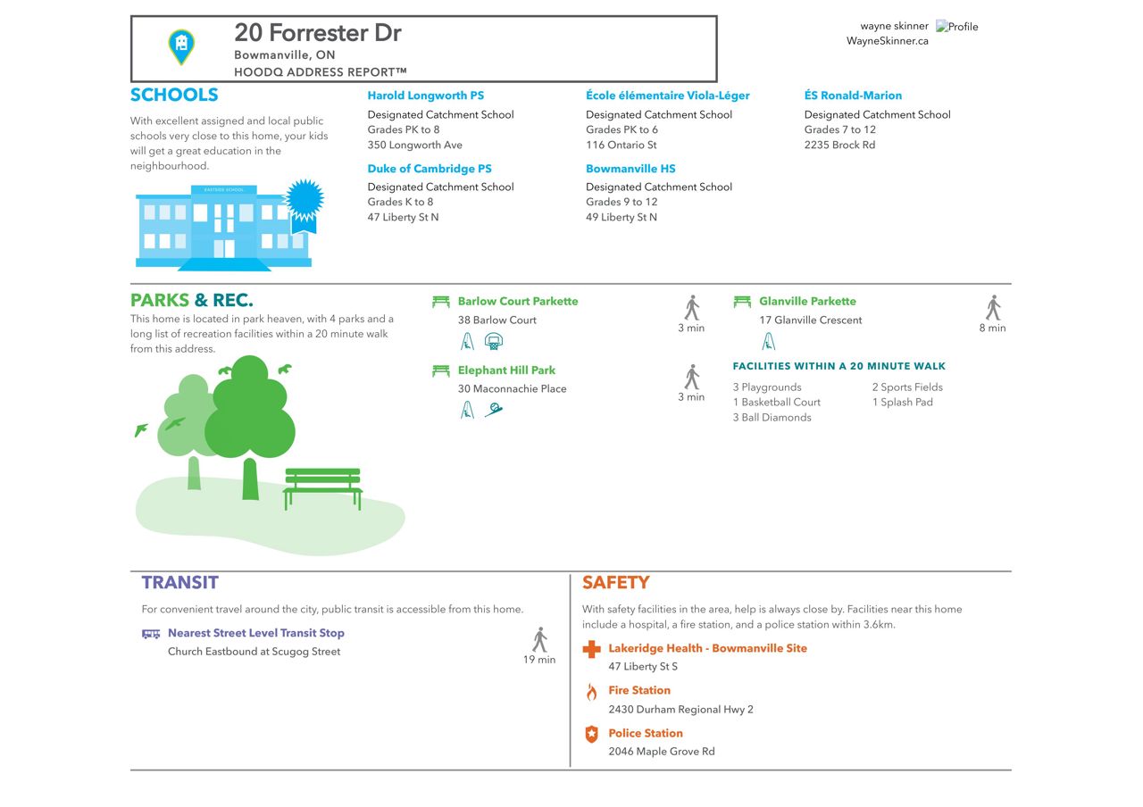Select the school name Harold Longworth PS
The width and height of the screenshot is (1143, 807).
tap(426, 96)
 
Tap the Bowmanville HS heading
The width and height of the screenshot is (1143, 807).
tap(630, 169)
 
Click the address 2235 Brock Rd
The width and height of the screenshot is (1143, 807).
tap(839, 145)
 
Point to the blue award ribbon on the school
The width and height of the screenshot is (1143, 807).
tap(305, 205)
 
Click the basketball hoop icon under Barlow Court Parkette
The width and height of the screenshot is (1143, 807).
tap(494, 341)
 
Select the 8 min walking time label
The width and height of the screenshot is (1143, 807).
tap(992, 328)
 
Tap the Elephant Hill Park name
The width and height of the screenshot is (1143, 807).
tap(506, 370)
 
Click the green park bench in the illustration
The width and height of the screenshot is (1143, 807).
tap(322, 488)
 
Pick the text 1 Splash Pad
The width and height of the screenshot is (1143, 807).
tap(902, 402)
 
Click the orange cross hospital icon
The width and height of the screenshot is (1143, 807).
tap(591, 649)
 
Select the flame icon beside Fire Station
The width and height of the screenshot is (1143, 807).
tap(591, 692)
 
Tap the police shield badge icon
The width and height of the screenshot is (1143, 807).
tap(591, 734)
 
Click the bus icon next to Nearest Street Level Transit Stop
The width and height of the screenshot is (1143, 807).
tap(151, 634)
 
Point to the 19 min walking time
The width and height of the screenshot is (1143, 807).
tap(538, 660)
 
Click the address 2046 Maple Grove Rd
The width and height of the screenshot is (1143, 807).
tap(662, 752)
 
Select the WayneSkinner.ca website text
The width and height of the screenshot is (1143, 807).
tap(887, 41)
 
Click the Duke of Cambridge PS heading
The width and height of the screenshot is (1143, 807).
tap(430, 169)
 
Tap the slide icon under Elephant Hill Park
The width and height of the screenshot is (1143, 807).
tap(494, 410)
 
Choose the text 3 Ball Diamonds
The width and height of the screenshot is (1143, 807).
tap(772, 417)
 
